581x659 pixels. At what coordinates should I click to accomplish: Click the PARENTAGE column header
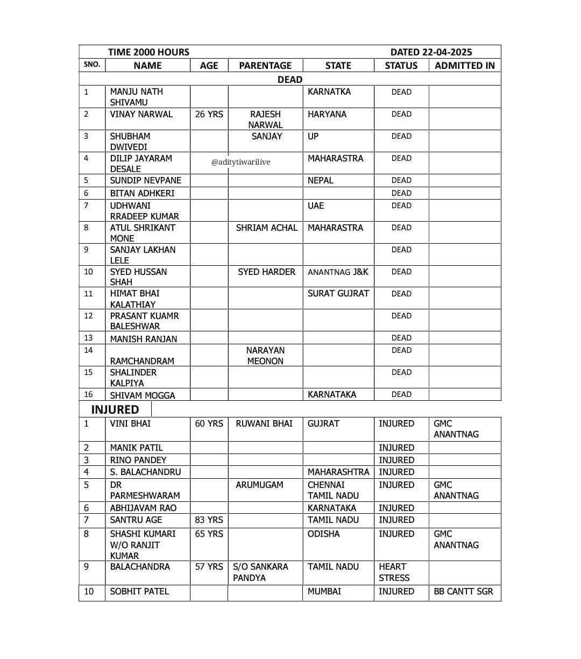[265, 66]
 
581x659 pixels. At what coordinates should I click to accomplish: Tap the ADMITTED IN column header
[464, 66]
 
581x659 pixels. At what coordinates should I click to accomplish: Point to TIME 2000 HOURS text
[148, 52]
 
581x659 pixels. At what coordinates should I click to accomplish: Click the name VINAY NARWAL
[141, 114]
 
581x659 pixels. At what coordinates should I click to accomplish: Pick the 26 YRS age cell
[209, 114]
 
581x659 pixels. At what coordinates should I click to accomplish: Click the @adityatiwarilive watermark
[240, 162]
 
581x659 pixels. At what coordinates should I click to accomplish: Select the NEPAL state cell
[321, 180]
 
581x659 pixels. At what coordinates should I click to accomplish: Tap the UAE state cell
[316, 206]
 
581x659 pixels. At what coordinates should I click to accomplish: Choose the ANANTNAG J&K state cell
[338, 272]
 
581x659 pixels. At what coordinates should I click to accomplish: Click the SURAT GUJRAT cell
[338, 293]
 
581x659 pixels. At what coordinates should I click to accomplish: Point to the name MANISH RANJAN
[143, 339]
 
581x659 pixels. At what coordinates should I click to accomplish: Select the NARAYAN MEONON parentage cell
[265, 356]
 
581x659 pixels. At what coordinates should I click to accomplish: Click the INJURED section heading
[115, 409]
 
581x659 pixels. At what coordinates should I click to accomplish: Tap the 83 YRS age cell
[209, 520]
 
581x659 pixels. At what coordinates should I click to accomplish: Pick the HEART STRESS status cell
[394, 572]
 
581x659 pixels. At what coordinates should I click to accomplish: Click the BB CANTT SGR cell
[463, 591]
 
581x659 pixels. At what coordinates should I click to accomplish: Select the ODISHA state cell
[323, 534]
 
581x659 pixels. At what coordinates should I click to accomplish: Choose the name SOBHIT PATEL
[139, 591]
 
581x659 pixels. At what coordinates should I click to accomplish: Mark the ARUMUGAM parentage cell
[259, 485]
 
